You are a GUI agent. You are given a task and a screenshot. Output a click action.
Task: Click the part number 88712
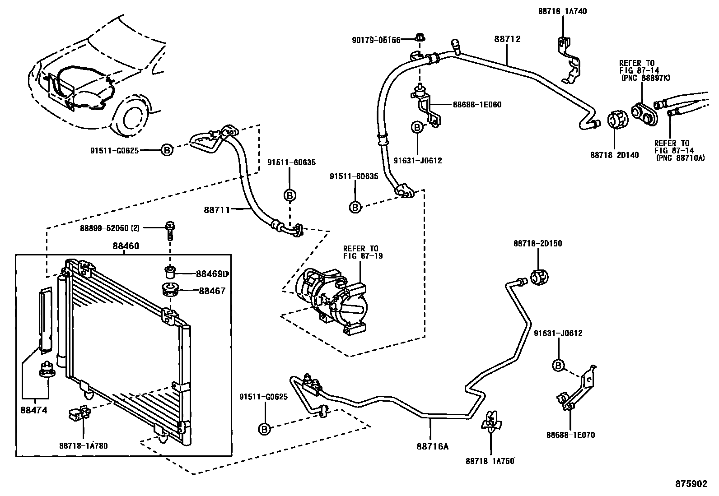[x=507, y=39]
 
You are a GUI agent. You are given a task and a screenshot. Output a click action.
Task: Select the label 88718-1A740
[x=562, y=11]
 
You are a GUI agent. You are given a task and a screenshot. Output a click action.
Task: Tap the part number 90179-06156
[x=376, y=40]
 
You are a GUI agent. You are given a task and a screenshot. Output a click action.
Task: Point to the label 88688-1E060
[x=477, y=105]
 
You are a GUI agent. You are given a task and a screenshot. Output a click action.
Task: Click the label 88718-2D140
[x=614, y=155]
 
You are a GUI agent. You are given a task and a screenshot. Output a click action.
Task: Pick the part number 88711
[x=217, y=209]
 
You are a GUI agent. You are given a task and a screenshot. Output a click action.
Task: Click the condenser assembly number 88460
[x=126, y=246]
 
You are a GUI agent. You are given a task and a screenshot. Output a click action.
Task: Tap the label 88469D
[x=211, y=274]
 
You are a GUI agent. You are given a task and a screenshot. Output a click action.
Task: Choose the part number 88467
[x=212, y=291]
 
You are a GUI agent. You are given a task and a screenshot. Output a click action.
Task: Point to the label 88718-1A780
[x=83, y=445]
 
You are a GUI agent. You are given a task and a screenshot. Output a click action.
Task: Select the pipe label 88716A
[x=432, y=447]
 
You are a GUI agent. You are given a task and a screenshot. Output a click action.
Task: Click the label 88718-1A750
[x=490, y=461]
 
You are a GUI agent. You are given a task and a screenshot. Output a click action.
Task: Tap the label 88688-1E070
[x=570, y=435]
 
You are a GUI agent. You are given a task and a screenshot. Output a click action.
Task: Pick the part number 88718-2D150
[x=537, y=243]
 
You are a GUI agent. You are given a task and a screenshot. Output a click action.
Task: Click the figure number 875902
[x=691, y=483]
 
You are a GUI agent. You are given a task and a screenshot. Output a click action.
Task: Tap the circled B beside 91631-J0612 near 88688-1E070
[x=558, y=365]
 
